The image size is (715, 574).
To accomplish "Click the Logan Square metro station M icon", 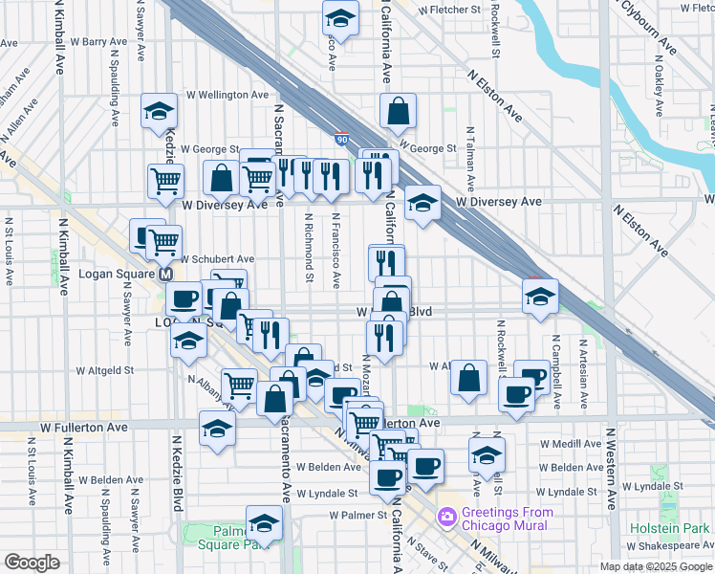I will (x=165, y=274).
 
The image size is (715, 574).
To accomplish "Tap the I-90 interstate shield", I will (x=341, y=140).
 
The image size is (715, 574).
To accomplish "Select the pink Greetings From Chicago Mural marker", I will (x=446, y=518).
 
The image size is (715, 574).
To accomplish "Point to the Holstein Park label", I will (x=670, y=528).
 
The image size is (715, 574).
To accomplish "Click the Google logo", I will (x=32, y=563).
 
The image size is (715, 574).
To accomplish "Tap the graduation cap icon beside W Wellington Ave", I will (x=159, y=111).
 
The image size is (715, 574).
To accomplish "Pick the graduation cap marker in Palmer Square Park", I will (x=263, y=525).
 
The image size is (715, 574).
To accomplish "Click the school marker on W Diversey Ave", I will (x=422, y=202).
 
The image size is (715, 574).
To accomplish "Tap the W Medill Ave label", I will (x=571, y=444).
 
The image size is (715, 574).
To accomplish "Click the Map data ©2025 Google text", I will (x=655, y=565).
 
